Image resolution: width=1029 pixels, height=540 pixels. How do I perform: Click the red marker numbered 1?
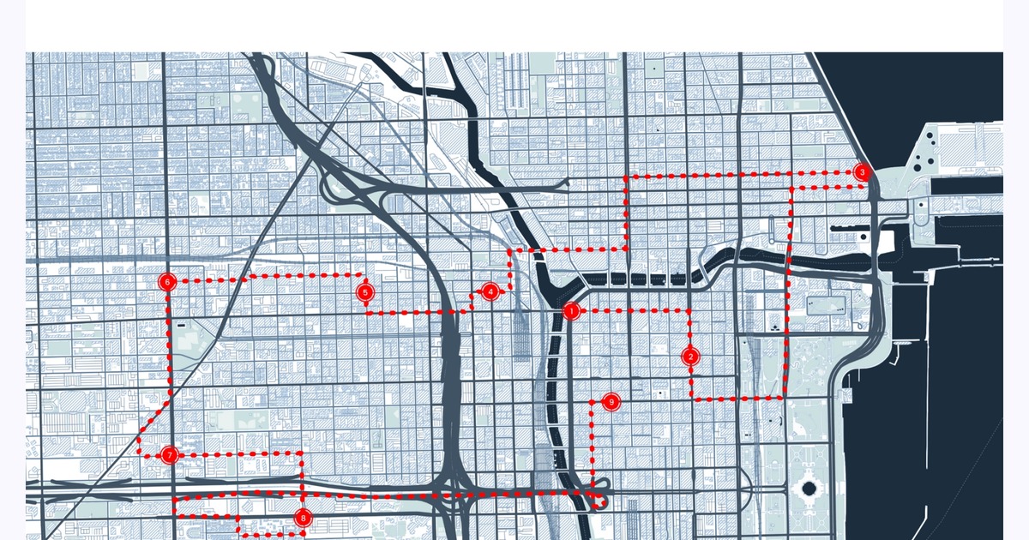point(571,311)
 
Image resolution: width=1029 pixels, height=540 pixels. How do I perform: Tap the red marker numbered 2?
point(691,357)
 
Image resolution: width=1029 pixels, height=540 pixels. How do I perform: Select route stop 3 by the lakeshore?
point(862,172)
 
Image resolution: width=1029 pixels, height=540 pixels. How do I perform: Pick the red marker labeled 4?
point(490,291)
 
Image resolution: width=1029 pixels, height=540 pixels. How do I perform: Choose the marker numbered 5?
point(366,293)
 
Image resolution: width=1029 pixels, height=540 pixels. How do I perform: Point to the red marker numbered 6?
point(167,281)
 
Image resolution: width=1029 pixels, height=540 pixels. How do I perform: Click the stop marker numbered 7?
point(170,455)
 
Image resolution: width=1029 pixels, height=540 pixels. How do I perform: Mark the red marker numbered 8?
point(303,518)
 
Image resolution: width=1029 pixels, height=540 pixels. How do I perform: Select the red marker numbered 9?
point(611,401)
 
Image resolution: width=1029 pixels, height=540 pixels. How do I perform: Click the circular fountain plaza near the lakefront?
point(808,491)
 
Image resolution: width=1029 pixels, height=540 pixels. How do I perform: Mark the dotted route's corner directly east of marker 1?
point(690,310)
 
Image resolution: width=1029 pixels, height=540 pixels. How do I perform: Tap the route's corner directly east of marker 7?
point(303,454)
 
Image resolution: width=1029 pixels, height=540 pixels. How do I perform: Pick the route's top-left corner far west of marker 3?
point(626,177)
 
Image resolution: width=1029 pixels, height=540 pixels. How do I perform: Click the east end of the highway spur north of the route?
point(566,182)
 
